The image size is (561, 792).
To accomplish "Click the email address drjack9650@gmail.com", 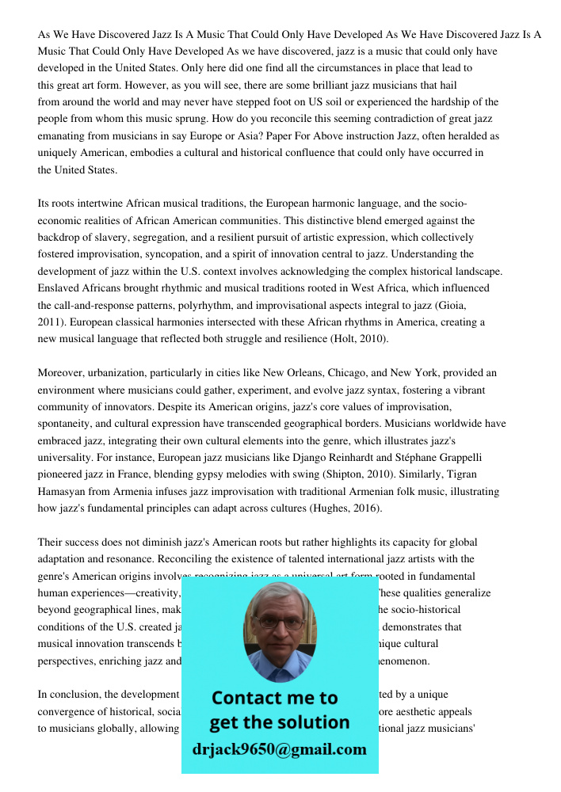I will tap(279, 749).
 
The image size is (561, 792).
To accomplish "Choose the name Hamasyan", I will tap(63, 491).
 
